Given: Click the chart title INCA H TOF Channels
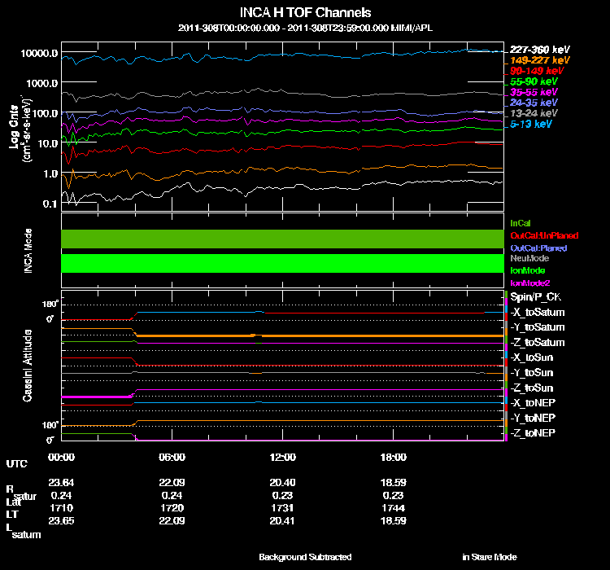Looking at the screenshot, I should (x=306, y=13).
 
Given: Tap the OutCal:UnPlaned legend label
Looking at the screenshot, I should (x=538, y=235).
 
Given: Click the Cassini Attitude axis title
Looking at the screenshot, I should (x=28, y=365).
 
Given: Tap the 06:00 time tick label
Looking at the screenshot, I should (x=172, y=457).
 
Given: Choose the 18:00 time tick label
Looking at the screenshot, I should (x=393, y=457).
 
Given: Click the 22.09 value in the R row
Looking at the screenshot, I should (x=172, y=481).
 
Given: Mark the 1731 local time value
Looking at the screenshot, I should (x=282, y=506).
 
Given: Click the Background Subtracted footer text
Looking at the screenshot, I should (x=305, y=557).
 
